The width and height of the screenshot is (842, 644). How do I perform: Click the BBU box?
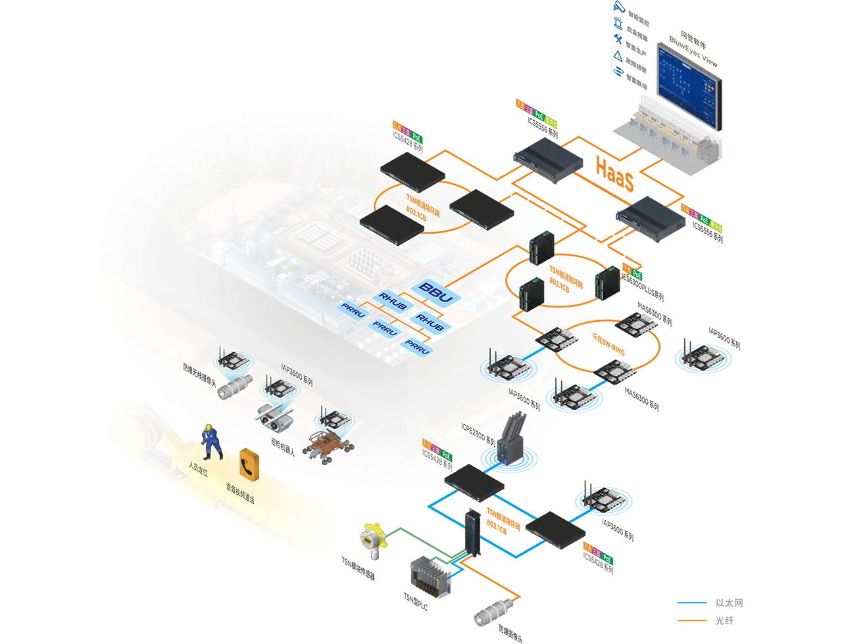click(435, 292)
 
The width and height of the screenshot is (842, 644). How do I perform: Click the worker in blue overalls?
click(211, 442)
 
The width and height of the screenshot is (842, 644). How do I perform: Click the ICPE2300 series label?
click(478, 434)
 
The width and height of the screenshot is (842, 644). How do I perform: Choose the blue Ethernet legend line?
click(692, 603)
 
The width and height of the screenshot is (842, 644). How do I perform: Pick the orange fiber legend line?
click(692, 620)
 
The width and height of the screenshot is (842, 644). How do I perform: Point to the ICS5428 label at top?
click(407, 142)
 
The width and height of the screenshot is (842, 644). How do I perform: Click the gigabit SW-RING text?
click(608, 344)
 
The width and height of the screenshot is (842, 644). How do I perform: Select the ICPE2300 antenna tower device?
click(511, 439)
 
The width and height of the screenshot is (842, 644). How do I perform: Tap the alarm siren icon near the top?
click(618, 24)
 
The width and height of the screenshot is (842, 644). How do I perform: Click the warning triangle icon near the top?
click(618, 56)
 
